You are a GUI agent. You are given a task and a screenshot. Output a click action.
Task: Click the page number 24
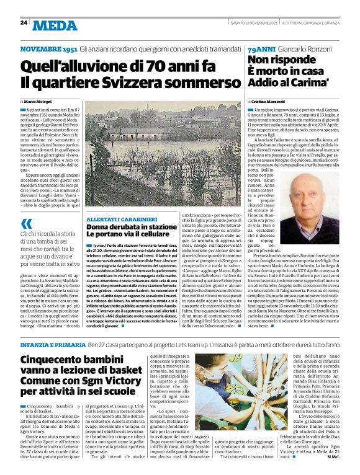click(x=24, y=23)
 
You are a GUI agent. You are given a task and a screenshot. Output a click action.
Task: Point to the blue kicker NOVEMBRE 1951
click(x=48, y=48)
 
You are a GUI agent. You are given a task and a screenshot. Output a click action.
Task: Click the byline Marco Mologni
click(x=40, y=100)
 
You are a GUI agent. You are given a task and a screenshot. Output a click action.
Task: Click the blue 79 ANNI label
click(x=259, y=48)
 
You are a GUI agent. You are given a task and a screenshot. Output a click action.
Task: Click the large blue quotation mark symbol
click(x=27, y=224)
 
